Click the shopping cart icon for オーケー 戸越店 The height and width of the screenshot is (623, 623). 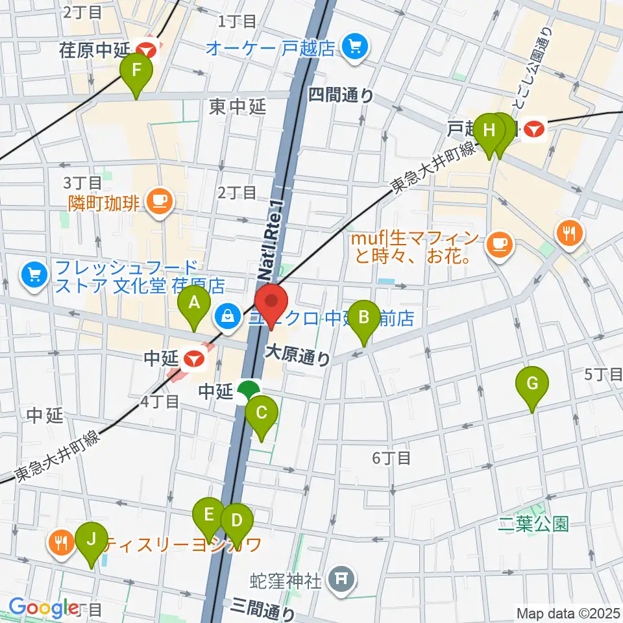[354, 47]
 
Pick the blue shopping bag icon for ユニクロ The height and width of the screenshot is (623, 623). [227, 317]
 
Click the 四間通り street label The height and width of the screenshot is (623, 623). [341, 95]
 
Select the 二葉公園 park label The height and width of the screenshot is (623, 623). [533, 524]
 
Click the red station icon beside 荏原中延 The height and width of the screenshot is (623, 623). [147, 47]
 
